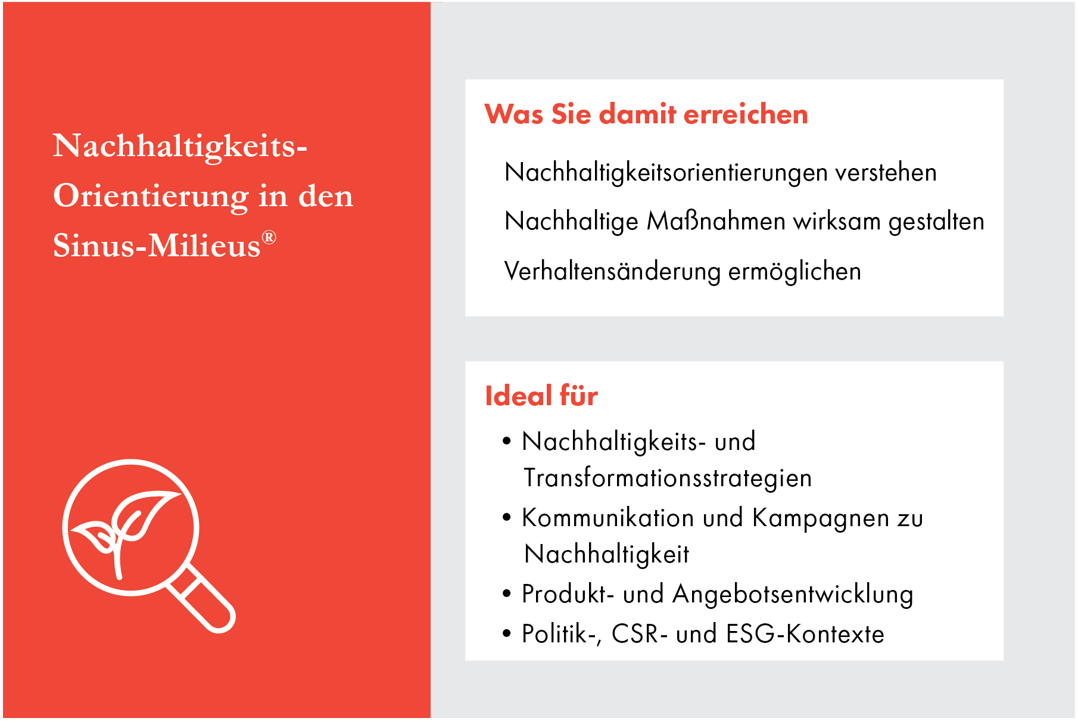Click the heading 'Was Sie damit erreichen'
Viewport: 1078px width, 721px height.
click(x=646, y=114)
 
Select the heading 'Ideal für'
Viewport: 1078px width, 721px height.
click(x=541, y=396)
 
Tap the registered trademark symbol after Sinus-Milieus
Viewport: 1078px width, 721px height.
click(x=269, y=238)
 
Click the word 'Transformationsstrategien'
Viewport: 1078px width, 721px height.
click(x=667, y=478)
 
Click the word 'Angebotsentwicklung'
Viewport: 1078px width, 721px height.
click(x=792, y=595)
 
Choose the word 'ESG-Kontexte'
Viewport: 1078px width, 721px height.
click(x=805, y=634)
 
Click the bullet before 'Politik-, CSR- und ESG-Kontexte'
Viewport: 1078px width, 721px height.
click(x=507, y=633)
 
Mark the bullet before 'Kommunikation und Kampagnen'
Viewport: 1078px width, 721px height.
click(x=507, y=517)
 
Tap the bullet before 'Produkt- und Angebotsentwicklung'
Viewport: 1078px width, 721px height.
click(x=507, y=593)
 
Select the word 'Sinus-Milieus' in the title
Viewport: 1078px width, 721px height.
click(x=157, y=245)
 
